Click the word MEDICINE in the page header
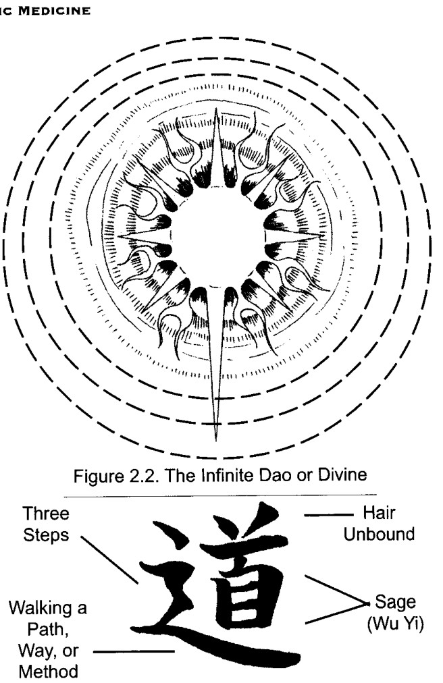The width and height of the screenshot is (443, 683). [x=54, y=10]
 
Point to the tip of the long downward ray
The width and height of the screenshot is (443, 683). [x=215, y=441]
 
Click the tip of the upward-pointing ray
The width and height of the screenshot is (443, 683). [x=216, y=109]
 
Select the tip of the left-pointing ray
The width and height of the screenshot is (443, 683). [x=119, y=236]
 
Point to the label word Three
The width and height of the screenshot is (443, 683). [x=46, y=513]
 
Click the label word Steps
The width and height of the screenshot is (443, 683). [x=46, y=535]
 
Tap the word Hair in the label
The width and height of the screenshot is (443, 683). [x=380, y=513]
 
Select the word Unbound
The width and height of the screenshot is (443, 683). [x=379, y=534]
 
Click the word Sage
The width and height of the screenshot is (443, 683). [x=395, y=603]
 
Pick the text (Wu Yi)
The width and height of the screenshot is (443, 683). [x=395, y=624]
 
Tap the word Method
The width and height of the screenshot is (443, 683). [x=49, y=672]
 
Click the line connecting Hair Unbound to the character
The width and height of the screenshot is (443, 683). [x=328, y=516]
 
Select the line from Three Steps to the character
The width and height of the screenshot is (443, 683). [x=109, y=559]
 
